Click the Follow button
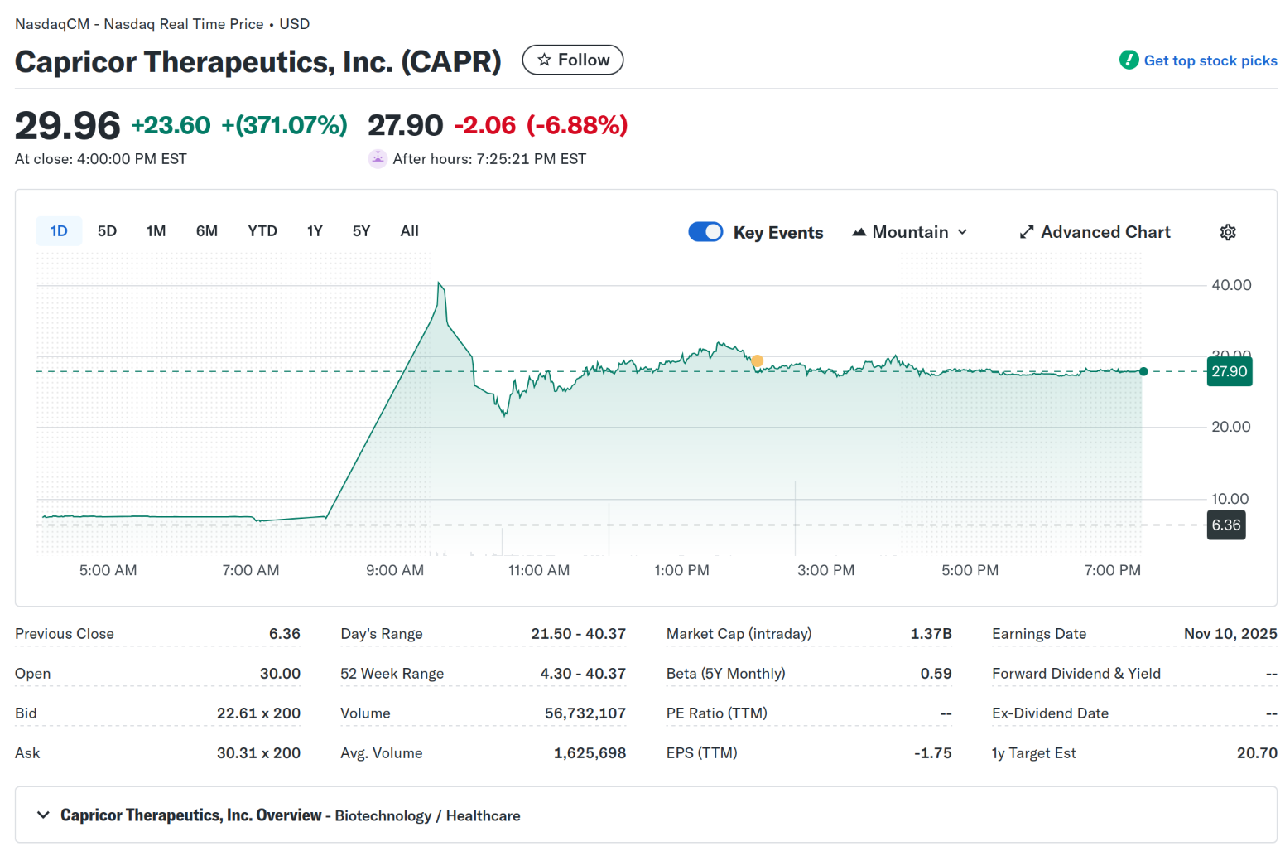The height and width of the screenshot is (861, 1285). point(572,60)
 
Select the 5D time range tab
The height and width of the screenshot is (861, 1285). point(107,231)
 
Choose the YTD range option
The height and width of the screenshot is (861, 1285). point(262,231)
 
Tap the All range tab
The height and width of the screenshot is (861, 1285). point(409,231)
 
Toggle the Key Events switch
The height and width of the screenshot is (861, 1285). point(705,232)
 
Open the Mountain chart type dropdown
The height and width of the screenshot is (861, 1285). point(910,232)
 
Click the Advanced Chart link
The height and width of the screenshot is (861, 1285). point(1095,232)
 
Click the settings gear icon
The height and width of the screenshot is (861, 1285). point(1228,232)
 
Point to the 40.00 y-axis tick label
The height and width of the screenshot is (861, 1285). point(1231,285)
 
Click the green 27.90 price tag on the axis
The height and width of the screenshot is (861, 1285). point(1229,371)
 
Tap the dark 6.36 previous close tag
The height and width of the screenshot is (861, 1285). point(1225,525)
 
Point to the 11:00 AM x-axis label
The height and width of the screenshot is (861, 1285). point(539,570)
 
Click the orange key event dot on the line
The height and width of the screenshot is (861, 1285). point(757,360)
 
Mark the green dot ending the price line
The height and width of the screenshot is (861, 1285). point(1143,371)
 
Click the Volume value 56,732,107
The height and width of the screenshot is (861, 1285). point(585,713)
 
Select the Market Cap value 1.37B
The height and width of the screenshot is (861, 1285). point(931,634)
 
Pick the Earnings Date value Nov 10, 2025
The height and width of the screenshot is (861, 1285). point(1230,634)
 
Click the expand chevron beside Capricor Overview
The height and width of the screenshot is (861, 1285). point(43,815)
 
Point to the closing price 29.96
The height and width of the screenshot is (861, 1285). point(68,126)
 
